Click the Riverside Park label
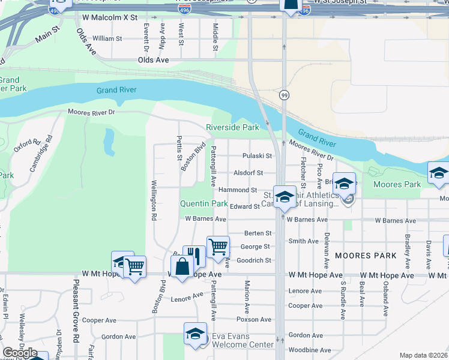point(232,127)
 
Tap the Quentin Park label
point(204,204)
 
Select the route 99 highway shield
point(283,95)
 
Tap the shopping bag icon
point(182,266)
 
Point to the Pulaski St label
point(257,156)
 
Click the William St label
point(107,38)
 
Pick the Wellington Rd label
point(154,198)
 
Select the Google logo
point(20,353)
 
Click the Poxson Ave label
point(254,319)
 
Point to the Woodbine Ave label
point(309,350)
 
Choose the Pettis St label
point(179,148)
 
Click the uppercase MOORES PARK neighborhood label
point(366,256)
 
